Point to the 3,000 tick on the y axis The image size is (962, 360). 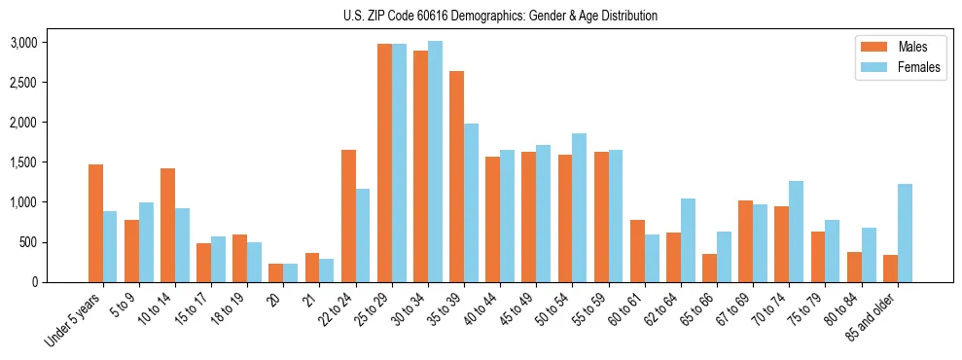[23, 43]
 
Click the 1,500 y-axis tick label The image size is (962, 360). [23, 162]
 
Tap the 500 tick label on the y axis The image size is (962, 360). [28, 242]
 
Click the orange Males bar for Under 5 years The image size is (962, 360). [95, 223]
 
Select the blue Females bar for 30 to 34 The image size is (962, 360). [435, 162]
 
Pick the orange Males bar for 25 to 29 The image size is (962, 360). [384, 162]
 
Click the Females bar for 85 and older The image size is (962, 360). [905, 233]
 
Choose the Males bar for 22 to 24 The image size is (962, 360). [348, 215]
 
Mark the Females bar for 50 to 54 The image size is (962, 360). [580, 207]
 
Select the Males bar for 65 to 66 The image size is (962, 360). [709, 268]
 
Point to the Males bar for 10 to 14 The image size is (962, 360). [167, 225]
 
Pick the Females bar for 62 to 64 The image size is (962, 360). [688, 240]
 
